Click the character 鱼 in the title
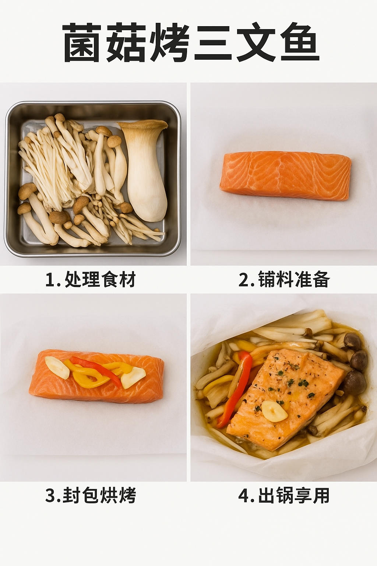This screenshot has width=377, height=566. click(x=300, y=42)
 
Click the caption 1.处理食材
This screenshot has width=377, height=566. click(x=91, y=279)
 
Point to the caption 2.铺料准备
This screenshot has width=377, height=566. click(x=284, y=279)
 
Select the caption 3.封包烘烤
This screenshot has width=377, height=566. click(x=91, y=495)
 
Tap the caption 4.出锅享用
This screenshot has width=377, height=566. click(x=284, y=495)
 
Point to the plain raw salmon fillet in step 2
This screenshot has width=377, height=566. click(x=286, y=176)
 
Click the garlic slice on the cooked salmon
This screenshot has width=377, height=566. click(x=275, y=411)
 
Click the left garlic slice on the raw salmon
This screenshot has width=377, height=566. click(x=57, y=368)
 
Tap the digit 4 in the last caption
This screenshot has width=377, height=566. click(x=244, y=496)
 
